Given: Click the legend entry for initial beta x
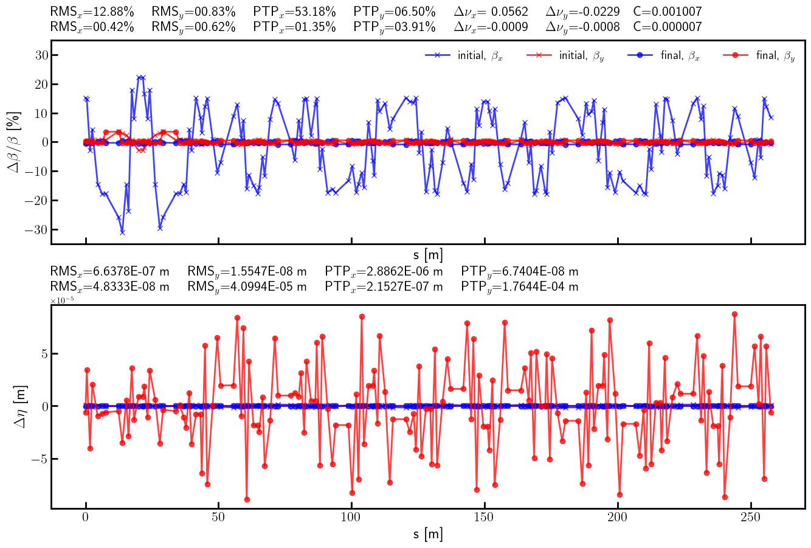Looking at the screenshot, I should pos(464,55).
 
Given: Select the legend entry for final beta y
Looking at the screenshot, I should pos(759,55).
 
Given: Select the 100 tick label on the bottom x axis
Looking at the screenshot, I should pos(351,518).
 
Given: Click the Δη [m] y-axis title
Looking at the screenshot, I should pos(19,406).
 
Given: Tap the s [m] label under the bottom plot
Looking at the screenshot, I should pos(428,535).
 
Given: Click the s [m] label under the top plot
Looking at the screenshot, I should pos(428,254).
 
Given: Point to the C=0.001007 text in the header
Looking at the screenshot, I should pos(667,12).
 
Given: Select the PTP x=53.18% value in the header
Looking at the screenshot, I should pos(294,12).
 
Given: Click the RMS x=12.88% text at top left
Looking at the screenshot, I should pos(92,12).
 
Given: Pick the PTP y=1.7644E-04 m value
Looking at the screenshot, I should pos(520,286).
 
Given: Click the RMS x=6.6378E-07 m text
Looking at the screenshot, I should pos(109,271).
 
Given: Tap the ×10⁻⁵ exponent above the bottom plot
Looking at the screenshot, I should pos(62,300).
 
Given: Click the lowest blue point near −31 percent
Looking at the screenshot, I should pos(122,232).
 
